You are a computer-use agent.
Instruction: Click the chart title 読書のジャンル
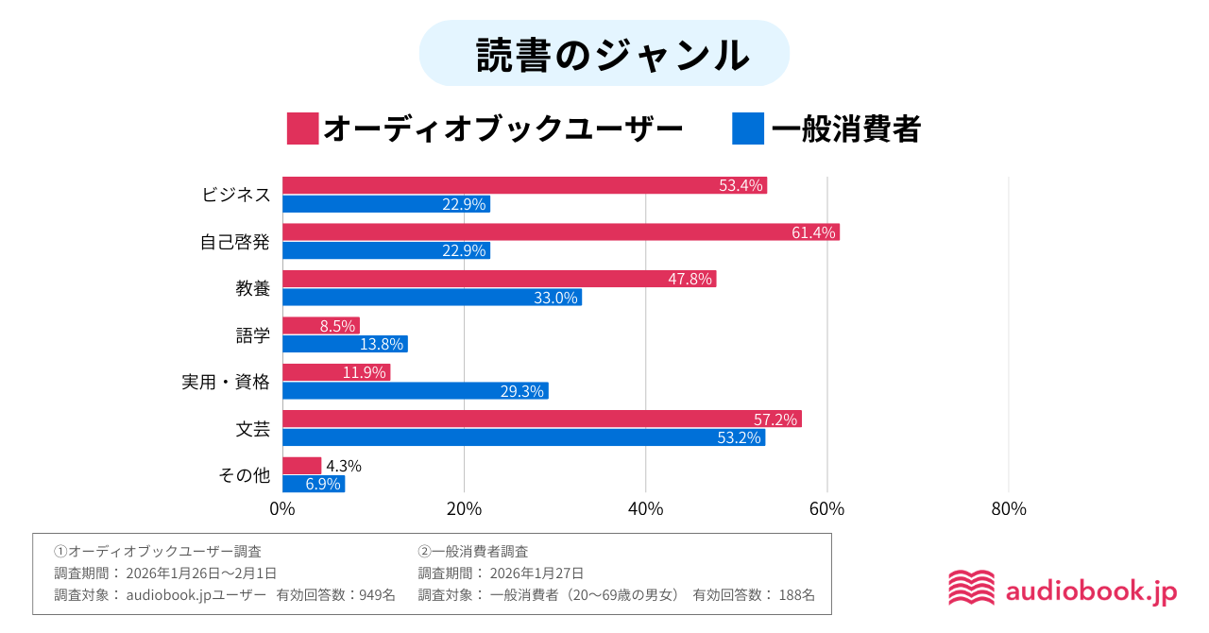pyautogui.click(x=604, y=55)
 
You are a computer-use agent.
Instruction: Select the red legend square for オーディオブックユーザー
pyautogui.click(x=302, y=128)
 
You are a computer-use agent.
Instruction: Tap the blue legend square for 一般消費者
pyautogui.click(x=747, y=128)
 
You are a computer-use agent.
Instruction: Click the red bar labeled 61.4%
pyautogui.click(x=560, y=232)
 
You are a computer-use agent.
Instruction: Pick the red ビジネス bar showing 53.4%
pyautogui.click(x=524, y=185)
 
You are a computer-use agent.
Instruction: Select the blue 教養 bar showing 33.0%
pyautogui.click(x=432, y=298)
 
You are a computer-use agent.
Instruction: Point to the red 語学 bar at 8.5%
pyautogui.click(x=320, y=326)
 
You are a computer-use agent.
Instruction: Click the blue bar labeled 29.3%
pyautogui.click(x=415, y=391)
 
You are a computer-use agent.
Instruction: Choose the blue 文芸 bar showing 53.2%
pyautogui.click(x=523, y=437)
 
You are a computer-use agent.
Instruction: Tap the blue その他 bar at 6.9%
pyautogui.click(x=314, y=484)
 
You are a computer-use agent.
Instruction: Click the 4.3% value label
pyautogui.click(x=344, y=466)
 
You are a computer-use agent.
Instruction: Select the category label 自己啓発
pyautogui.click(x=234, y=242)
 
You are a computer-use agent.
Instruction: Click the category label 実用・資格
pyautogui.click(x=226, y=382)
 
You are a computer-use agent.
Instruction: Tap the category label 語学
pyautogui.click(x=252, y=335)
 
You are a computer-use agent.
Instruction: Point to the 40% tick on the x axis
pyautogui.click(x=645, y=509)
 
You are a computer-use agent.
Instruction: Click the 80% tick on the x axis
pyautogui.click(x=1008, y=509)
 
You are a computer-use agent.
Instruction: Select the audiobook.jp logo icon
pyautogui.click(x=971, y=588)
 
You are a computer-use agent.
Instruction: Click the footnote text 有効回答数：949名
pyautogui.click(x=335, y=595)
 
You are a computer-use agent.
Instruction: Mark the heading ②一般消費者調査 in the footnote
pyautogui.click(x=473, y=551)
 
